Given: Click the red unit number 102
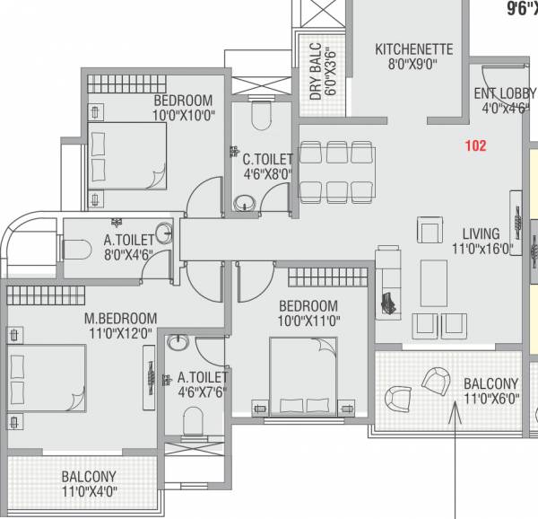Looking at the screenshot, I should coord(474,145).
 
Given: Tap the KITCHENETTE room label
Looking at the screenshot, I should coord(413,48).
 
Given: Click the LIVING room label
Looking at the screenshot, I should coord(481,233).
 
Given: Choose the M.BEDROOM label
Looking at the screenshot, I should coord(120,318).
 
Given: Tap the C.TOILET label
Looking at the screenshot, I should coord(267,159).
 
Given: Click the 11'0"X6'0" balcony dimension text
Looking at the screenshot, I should coord(490,400).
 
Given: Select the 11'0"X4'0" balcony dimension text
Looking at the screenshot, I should coord(89,491).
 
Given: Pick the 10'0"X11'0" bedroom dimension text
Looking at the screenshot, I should coord(308,321).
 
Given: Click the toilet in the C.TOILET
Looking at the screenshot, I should coord(260,117).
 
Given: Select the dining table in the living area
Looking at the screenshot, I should coord(336,171).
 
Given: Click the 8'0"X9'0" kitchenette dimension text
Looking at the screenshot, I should coord(413,65).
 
